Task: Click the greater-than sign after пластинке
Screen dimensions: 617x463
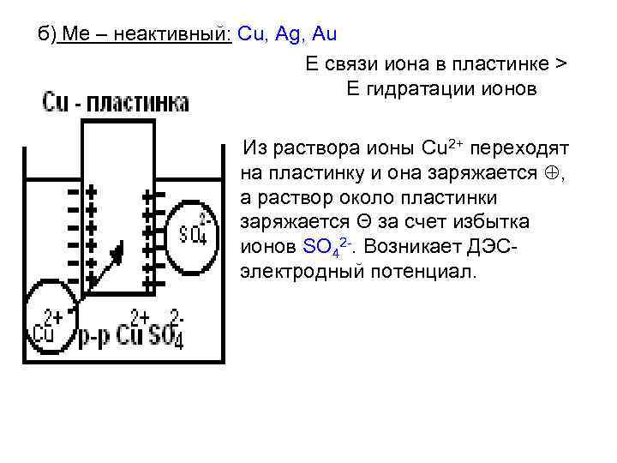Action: coord(560,65)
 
